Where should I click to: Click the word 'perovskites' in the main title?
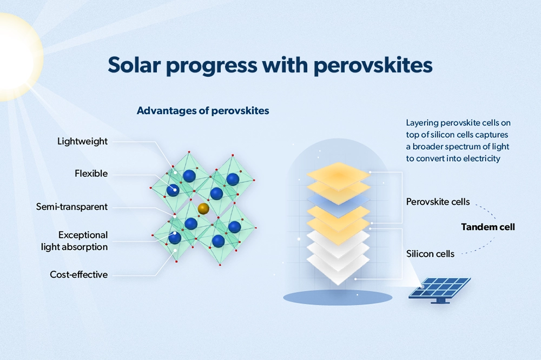pos(373,65)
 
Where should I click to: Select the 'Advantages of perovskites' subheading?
pos(203,111)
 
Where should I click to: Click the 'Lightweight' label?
pos(82,142)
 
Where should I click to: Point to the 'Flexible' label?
pos(91,173)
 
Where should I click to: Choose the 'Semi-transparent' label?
pos(72,206)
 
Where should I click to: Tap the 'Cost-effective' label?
pos(78,275)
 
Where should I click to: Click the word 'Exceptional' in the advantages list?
pos(83,235)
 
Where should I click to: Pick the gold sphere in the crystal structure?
pos(203,208)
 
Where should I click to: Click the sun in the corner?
pos(17,57)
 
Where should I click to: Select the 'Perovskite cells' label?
pos(438,202)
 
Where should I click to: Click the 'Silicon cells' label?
pos(430,254)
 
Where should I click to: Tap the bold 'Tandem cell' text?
pos(488,227)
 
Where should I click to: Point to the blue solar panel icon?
pos(440,290)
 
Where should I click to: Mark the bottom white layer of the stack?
pos(338,269)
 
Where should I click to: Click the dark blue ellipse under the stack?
pos(338,297)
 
